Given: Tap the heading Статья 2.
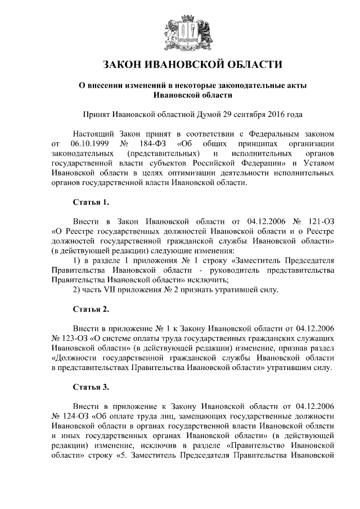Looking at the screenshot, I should click(x=91, y=309).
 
